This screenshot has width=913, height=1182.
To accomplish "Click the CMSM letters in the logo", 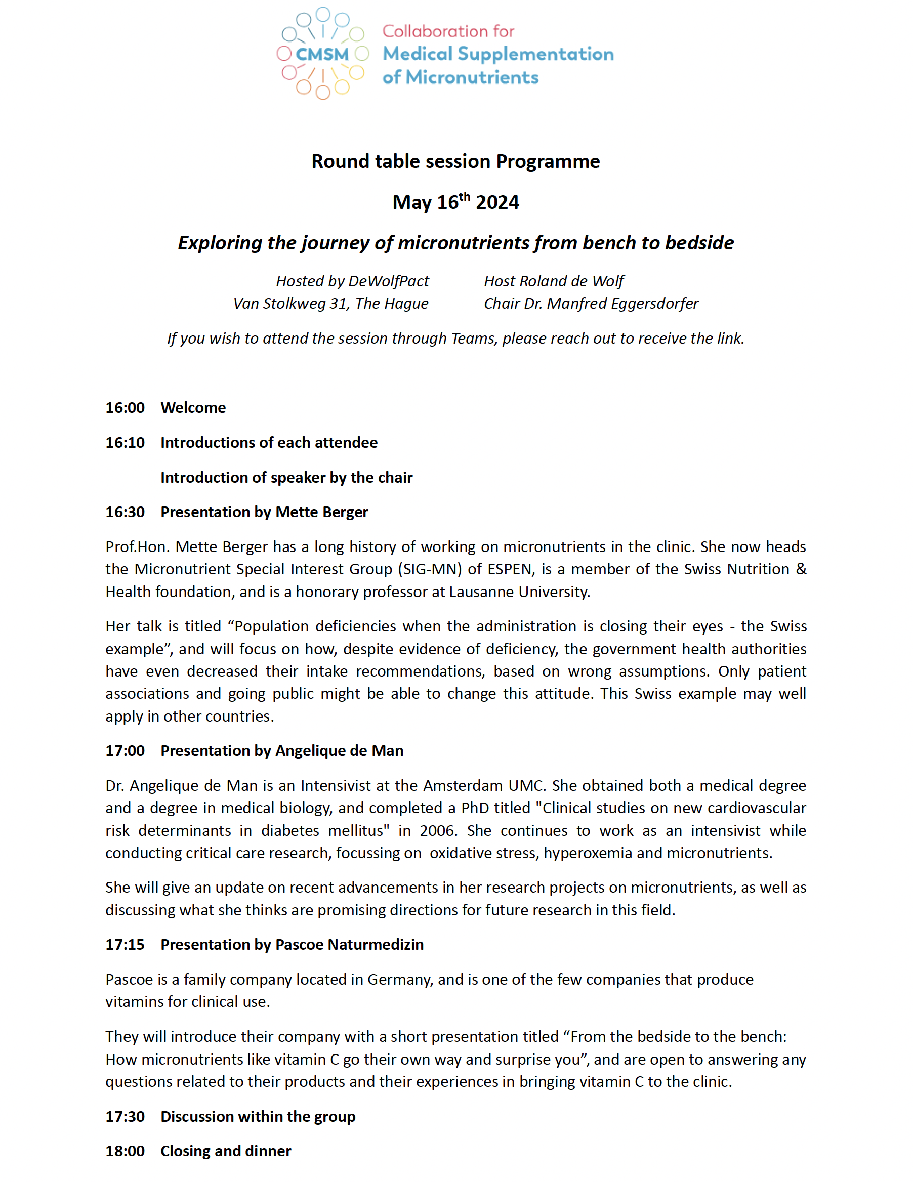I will (x=322, y=54).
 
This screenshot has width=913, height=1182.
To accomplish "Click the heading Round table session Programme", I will (x=455, y=161).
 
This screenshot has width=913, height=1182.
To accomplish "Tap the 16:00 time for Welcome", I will (x=125, y=407).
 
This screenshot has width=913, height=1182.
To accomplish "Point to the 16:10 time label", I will (x=125, y=443).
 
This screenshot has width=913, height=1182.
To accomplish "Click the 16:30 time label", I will (x=125, y=512).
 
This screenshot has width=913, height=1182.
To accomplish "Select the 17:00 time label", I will (x=125, y=751).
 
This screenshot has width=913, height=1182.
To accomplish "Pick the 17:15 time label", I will (x=125, y=944).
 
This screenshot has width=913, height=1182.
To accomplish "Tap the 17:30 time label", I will (x=125, y=1117).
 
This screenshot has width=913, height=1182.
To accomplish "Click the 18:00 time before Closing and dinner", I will (x=125, y=1151).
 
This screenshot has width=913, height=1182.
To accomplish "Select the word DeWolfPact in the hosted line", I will (x=389, y=281).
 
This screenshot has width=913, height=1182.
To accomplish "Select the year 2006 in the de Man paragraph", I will (x=437, y=831).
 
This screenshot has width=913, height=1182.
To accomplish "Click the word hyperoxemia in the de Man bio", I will (x=588, y=853).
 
